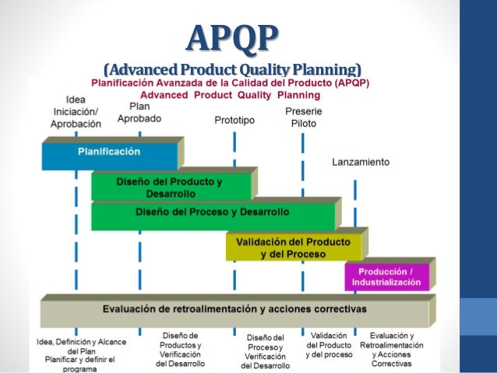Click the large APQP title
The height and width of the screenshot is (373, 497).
coord(234,37)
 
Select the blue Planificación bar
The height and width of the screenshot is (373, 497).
coord(109,154)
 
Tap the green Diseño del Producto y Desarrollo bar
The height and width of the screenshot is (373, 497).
coord(171,186)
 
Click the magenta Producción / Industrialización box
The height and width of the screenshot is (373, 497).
coord(386,276)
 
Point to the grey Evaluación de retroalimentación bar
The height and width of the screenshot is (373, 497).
coord(234,310)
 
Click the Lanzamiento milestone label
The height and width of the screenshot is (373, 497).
coord(361,163)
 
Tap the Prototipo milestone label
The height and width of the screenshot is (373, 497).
coord(234,121)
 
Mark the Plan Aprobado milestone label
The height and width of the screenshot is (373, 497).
coord(140,113)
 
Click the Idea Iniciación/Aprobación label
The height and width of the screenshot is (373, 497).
coord(76,112)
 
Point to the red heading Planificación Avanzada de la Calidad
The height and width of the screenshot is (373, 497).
coord(231,83)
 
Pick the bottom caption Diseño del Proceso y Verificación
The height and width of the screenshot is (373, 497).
coord(266,351)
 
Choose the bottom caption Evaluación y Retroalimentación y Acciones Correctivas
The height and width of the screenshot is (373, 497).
coord(397,349)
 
